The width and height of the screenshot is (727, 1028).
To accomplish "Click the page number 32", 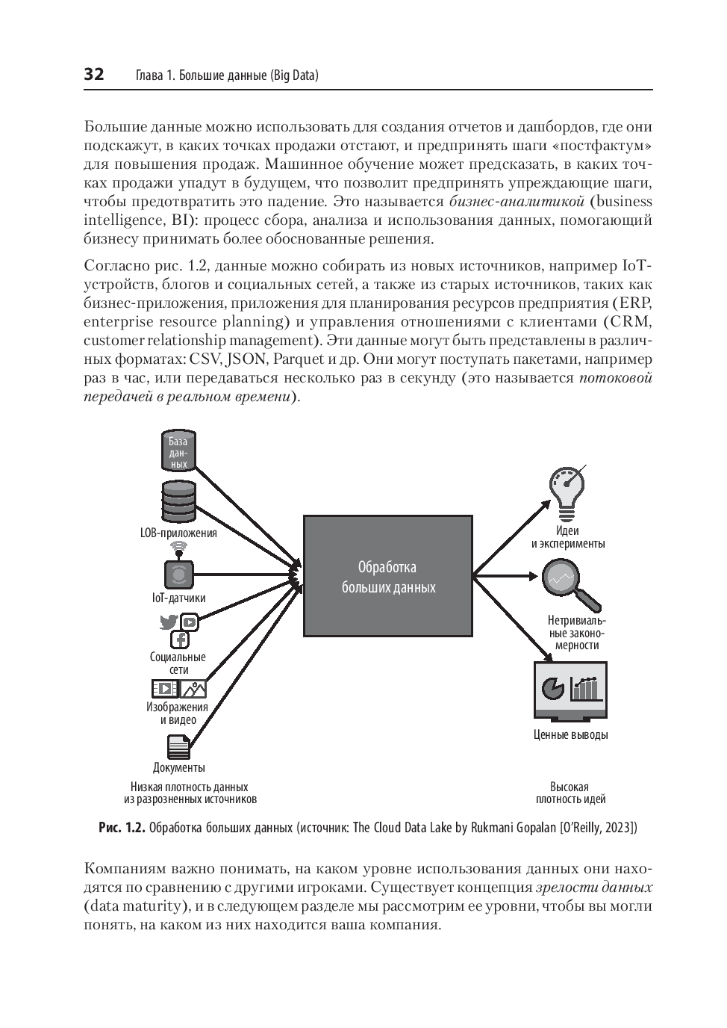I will (x=94, y=75).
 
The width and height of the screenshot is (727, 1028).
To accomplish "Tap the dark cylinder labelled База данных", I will (x=178, y=450).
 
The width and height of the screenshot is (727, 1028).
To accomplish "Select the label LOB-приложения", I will (x=178, y=533).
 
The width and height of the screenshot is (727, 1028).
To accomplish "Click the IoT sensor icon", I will (x=178, y=574).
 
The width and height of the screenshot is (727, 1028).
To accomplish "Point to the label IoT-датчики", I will (x=178, y=598).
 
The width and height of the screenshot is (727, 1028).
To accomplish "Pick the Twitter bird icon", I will (x=169, y=622).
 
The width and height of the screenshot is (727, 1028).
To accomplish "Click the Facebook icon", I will (x=180, y=640).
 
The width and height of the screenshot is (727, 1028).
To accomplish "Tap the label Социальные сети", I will (x=178, y=663).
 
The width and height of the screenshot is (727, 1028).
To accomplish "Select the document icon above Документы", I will (x=178, y=747).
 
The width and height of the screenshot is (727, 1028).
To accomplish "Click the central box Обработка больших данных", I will (x=387, y=576).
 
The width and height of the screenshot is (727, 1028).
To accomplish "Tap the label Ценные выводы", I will (x=570, y=734).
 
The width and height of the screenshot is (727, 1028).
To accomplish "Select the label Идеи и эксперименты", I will (x=568, y=537).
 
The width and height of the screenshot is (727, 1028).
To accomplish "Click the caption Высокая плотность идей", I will (x=570, y=793).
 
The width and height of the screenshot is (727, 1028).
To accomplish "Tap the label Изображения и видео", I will (x=178, y=713).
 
